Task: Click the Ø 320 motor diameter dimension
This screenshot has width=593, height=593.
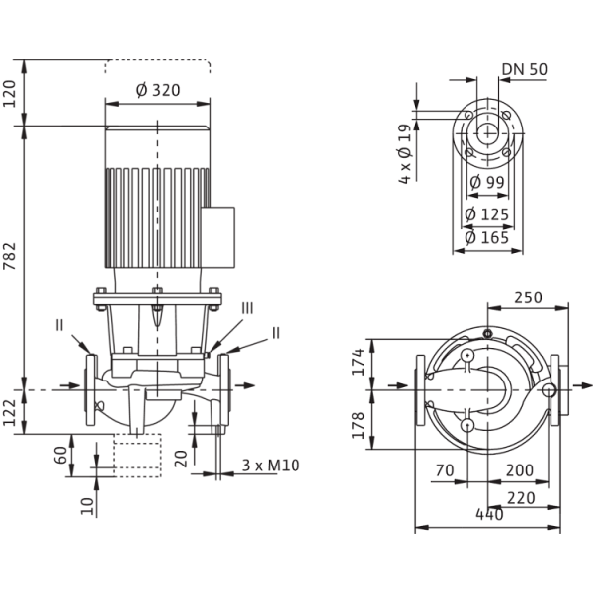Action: tap(158, 90)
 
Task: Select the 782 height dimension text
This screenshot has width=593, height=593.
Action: tap(10, 256)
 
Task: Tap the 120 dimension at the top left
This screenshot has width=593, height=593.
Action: tap(10, 94)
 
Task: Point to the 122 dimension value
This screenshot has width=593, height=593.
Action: tap(10, 412)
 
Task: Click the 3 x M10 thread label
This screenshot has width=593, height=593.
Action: tap(271, 466)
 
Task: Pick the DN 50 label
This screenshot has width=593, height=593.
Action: tap(525, 69)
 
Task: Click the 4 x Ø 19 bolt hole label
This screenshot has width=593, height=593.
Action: tap(404, 153)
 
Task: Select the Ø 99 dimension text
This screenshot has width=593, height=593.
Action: tap(487, 182)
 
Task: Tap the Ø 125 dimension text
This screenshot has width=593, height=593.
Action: tap(487, 214)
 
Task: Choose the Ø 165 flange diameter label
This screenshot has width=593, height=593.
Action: tap(487, 238)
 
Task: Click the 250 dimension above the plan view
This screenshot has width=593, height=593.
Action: tap(528, 297)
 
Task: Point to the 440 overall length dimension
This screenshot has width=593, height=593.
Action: tap(489, 514)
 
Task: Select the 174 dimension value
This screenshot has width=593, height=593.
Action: tap(358, 362)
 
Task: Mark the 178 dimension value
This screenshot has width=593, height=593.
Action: tap(358, 425)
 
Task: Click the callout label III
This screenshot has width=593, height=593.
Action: tap(247, 308)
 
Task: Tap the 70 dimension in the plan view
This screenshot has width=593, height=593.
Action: tap(445, 470)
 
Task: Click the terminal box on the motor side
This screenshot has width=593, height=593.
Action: tap(217, 237)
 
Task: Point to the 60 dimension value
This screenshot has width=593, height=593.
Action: tap(61, 455)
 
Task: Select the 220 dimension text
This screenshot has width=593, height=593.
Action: tap(521, 498)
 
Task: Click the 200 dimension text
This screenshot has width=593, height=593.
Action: tap(520, 470)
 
